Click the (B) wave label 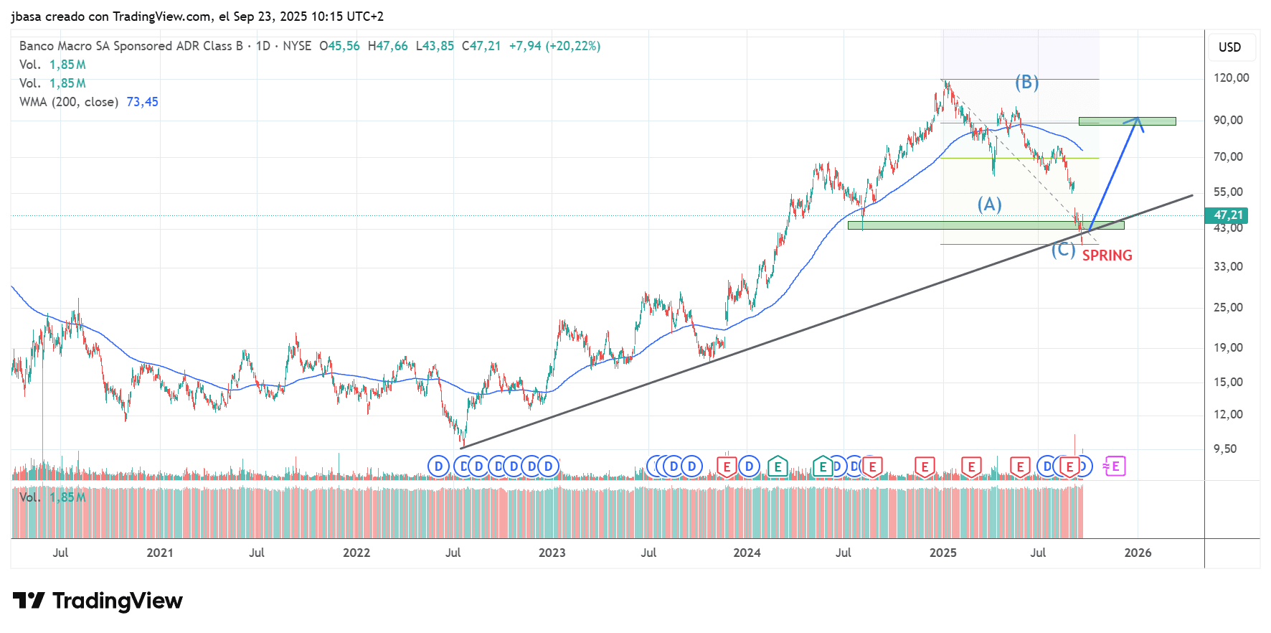(x=1026, y=83)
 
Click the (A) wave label (x=989, y=205)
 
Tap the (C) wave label (x=1063, y=250)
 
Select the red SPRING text (x=1107, y=255)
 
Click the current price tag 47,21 (x=1228, y=215)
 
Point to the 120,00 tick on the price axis (x=1231, y=78)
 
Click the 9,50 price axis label (x=1225, y=449)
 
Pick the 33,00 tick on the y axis (x=1228, y=266)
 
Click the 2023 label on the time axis (x=552, y=553)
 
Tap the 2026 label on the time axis (x=1138, y=553)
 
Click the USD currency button (x=1229, y=47)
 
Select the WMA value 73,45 (x=142, y=102)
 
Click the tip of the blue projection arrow (x=1138, y=118)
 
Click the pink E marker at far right (x=1115, y=466)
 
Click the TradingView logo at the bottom (x=98, y=601)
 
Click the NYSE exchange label (x=297, y=46)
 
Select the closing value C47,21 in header (x=481, y=46)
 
